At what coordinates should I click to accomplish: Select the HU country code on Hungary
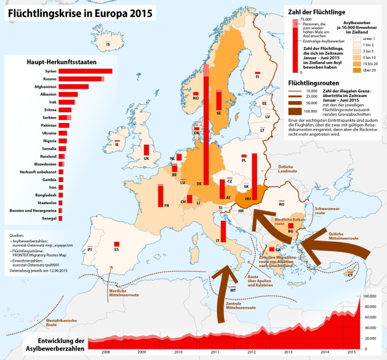coord(247,199)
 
